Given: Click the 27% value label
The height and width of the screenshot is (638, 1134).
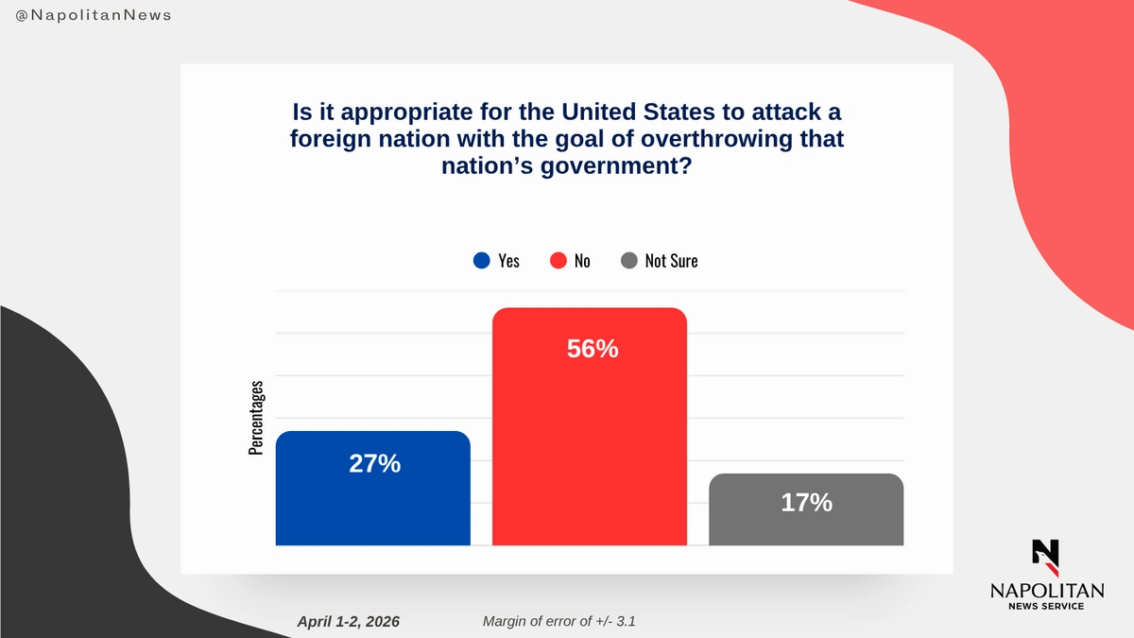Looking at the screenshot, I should (374, 464).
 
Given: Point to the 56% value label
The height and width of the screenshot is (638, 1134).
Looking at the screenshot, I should (593, 349).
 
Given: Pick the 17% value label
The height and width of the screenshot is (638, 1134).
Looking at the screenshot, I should (806, 503).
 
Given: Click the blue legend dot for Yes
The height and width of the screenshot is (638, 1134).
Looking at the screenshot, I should (481, 261).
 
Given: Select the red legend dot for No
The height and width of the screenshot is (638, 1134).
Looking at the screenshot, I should (558, 261).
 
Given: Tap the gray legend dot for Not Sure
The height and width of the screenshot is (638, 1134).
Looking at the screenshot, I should (628, 261).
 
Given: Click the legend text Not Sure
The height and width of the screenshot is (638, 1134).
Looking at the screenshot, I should (671, 261).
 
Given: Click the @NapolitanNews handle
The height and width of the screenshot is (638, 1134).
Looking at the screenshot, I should (94, 17).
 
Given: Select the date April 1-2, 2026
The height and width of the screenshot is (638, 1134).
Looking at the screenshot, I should (348, 621).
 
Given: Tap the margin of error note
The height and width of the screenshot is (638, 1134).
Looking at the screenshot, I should (564, 621).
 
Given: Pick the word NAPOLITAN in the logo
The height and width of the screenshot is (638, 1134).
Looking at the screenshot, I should (1046, 590).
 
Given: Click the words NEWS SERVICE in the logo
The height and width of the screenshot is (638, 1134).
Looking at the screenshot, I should (1046, 606).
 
